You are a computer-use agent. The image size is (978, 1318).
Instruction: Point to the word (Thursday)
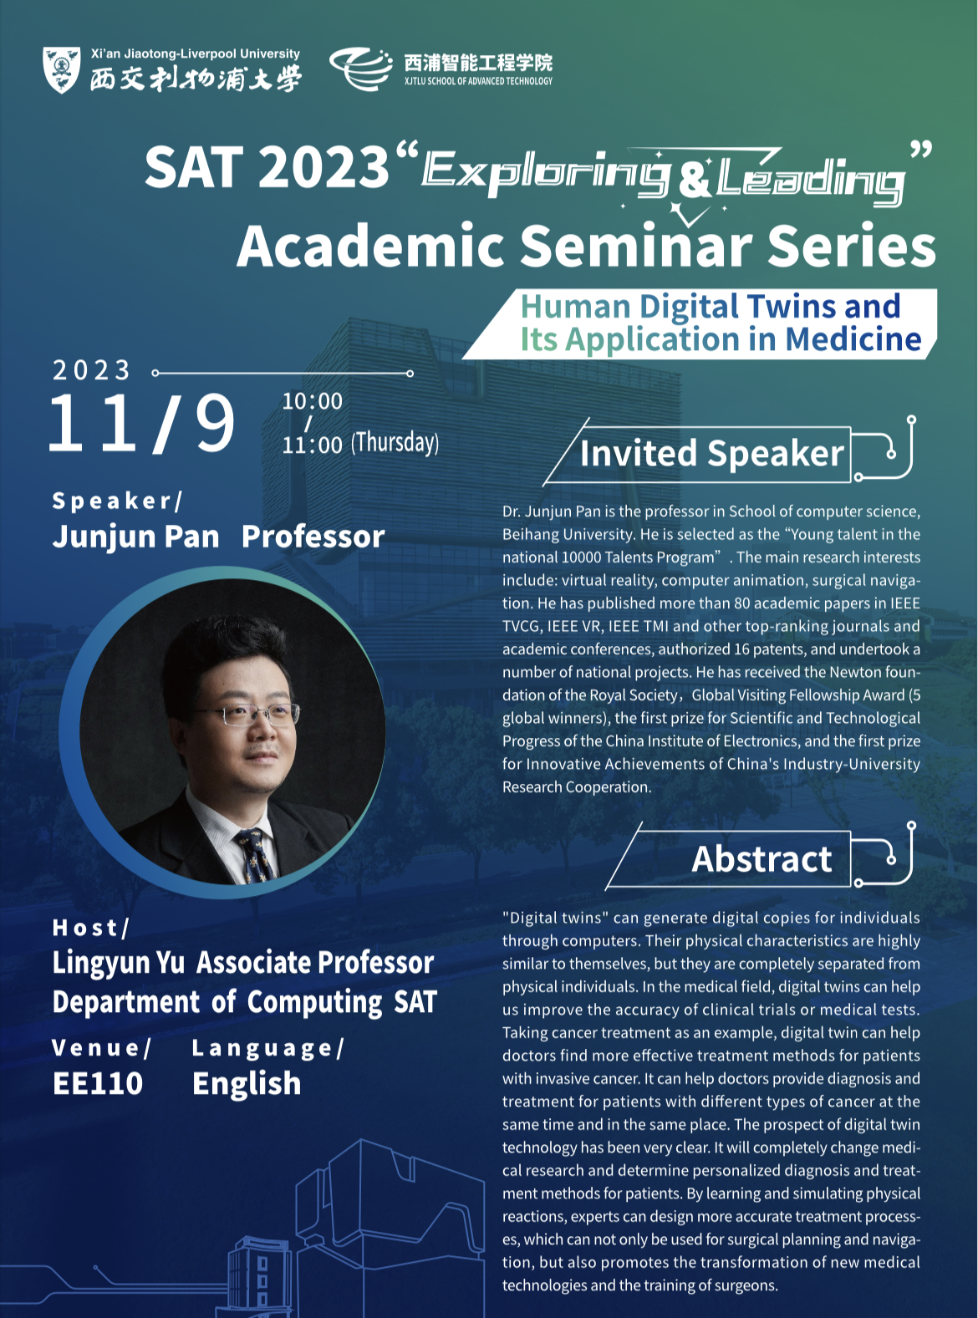point(395,443)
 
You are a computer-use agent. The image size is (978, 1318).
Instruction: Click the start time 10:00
point(312,401)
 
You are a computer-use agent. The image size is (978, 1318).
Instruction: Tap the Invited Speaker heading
point(711,453)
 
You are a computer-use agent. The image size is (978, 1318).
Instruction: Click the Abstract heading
point(762,858)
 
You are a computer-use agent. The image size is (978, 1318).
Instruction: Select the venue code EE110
point(98,1083)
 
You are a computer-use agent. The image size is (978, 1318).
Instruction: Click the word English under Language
point(247,1084)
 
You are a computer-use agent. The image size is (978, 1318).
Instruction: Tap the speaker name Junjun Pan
point(135,537)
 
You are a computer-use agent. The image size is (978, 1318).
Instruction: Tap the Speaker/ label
point(117,501)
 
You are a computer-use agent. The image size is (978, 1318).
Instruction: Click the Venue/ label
point(102,1047)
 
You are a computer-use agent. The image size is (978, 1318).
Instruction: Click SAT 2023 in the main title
point(267,167)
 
